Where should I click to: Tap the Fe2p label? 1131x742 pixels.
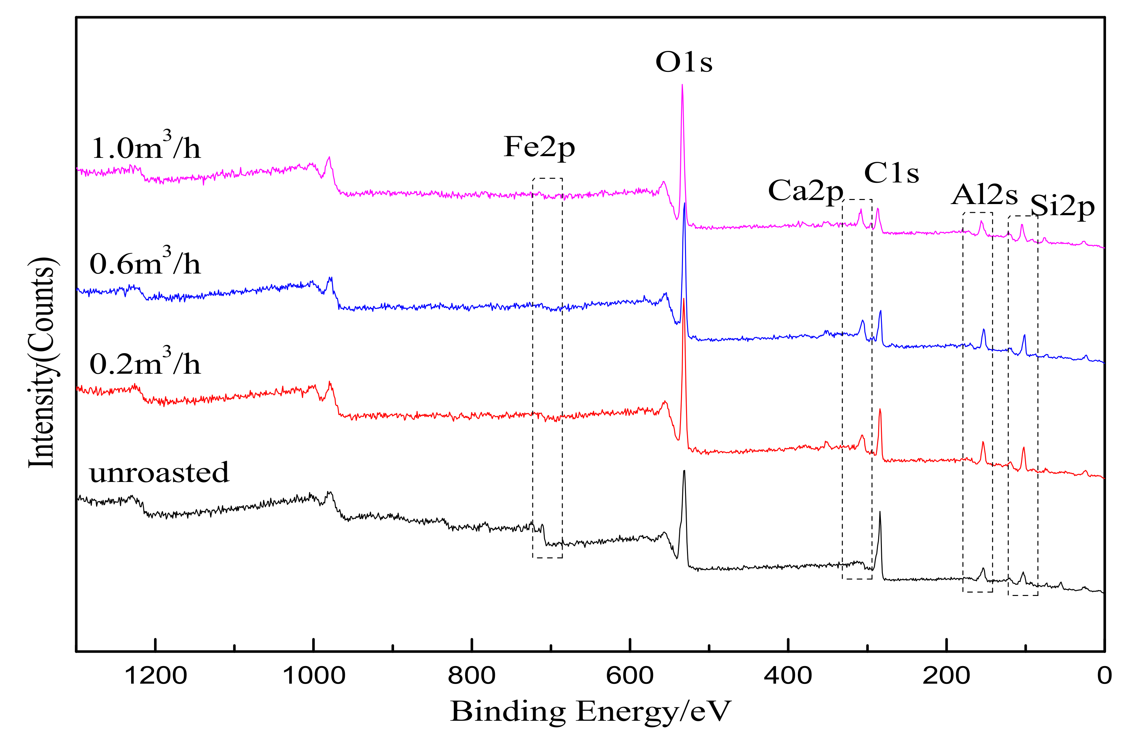(539, 147)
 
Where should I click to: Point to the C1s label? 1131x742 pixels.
(892, 173)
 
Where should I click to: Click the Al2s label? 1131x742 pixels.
(985, 195)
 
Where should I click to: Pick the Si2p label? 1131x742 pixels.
(1063, 207)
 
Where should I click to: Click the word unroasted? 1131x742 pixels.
(159, 473)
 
